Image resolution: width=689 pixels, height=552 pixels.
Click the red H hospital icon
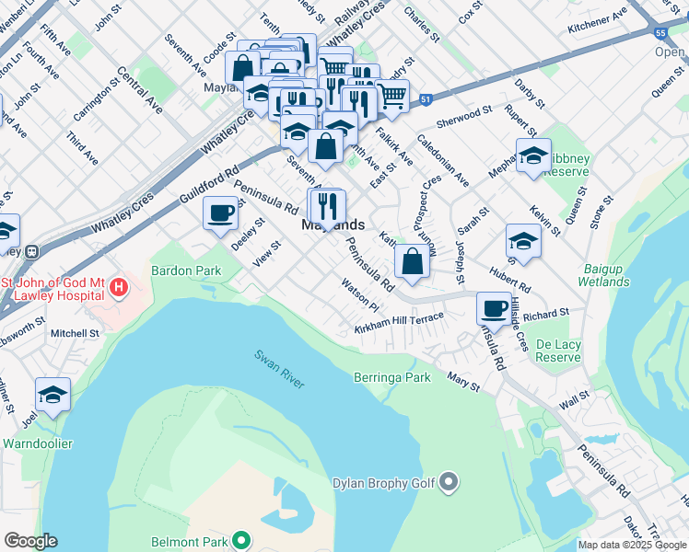click(x=118, y=288)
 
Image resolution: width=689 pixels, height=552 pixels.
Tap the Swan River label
click(x=279, y=368)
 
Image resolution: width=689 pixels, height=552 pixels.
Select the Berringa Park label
click(x=391, y=377)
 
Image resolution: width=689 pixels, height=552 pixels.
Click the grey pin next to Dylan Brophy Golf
click(x=449, y=481)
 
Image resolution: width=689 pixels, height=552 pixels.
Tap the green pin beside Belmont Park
click(x=240, y=540)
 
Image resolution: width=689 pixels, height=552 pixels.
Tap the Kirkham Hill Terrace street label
click(x=399, y=322)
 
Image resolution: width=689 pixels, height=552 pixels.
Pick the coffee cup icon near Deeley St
click(x=219, y=214)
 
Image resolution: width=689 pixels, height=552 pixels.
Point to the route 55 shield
click(x=660, y=33)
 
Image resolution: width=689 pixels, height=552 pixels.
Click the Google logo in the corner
click(x=30, y=541)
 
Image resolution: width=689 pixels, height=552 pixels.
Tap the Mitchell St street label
click(x=75, y=333)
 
